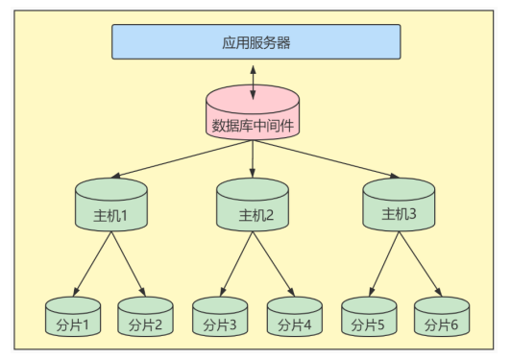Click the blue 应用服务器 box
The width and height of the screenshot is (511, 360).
[255, 41]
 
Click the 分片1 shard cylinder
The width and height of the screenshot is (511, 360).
[72, 319]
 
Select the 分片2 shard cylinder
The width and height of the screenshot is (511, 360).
[146, 319]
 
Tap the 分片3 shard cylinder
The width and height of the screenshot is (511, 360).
[220, 318]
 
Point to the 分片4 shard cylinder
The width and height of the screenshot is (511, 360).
[295, 318]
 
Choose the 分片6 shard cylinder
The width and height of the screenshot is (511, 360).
[443, 318]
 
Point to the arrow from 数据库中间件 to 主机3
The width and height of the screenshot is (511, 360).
[327, 159]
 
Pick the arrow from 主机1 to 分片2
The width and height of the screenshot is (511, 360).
[130, 264]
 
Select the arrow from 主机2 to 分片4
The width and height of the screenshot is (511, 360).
[274, 264]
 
